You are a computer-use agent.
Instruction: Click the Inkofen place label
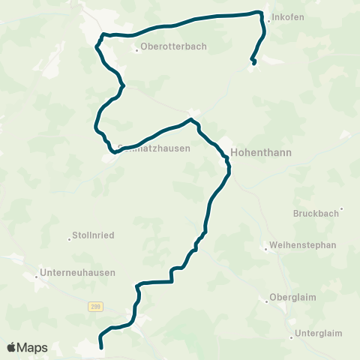(x=290, y=17)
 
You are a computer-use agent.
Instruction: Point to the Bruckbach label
(x=315, y=213)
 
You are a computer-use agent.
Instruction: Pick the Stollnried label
(x=92, y=235)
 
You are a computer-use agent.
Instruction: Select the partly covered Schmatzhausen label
(x=154, y=148)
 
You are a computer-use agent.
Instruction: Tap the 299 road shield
(x=94, y=306)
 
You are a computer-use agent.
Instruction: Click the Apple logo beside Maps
(x=12, y=347)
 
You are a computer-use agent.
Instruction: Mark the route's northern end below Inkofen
(x=255, y=63)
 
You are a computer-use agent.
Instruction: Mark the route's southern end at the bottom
(x=100, y=346)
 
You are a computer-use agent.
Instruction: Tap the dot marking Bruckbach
(x=342, y=209)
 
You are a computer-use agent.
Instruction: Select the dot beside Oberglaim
(x=267, y=301)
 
